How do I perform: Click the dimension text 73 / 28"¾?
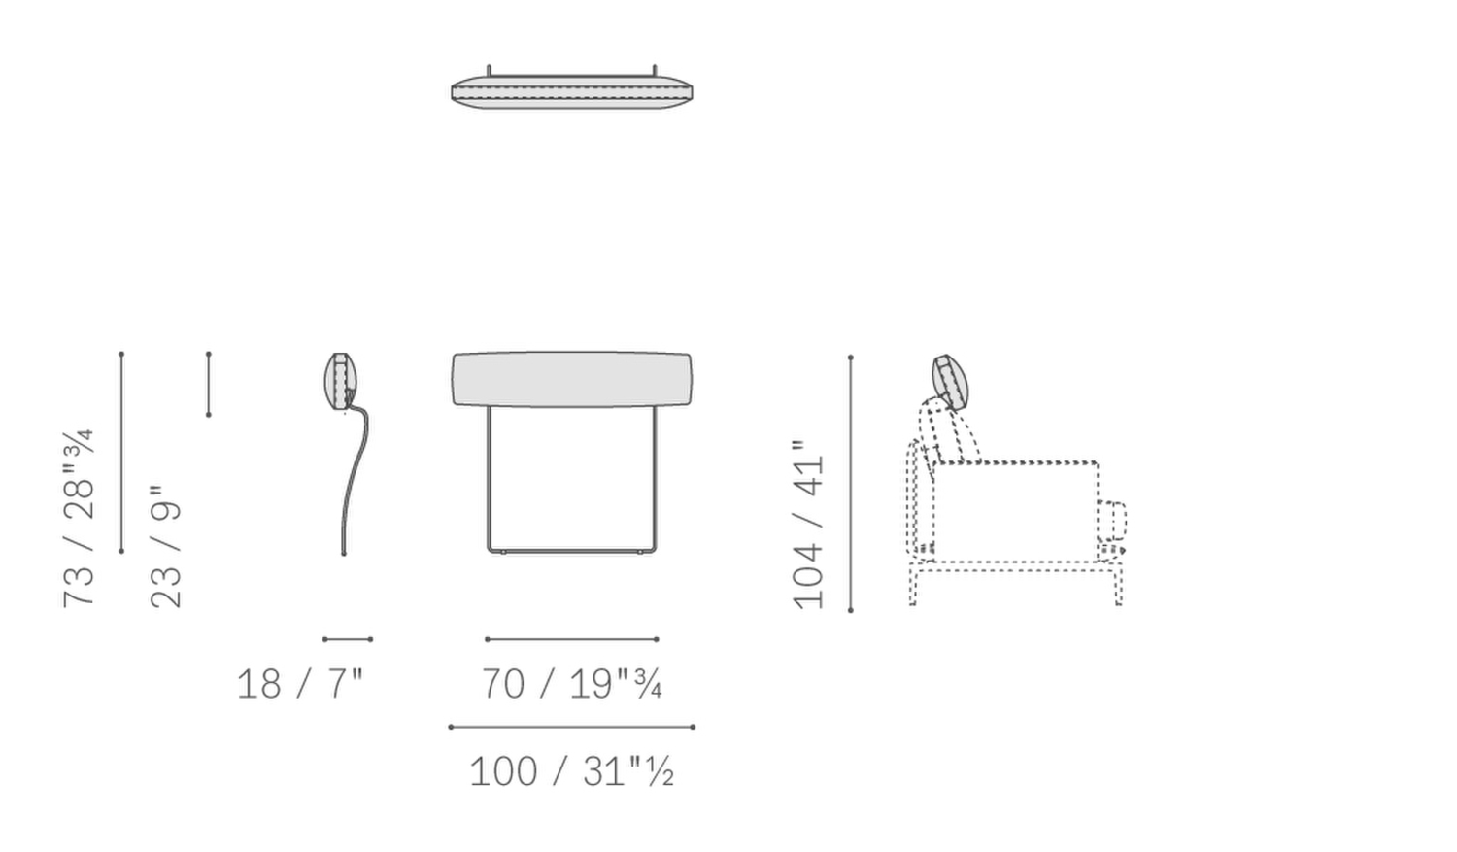79,519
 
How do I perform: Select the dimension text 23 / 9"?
165,546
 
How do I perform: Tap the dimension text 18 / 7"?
300,684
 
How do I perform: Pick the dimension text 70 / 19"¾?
572,684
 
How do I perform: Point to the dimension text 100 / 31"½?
572,771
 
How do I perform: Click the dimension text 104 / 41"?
808,526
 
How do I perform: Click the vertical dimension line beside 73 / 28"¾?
121,453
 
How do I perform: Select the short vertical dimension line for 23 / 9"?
209,385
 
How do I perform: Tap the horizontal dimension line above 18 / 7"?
348,639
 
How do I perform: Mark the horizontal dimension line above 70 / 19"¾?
572,639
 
